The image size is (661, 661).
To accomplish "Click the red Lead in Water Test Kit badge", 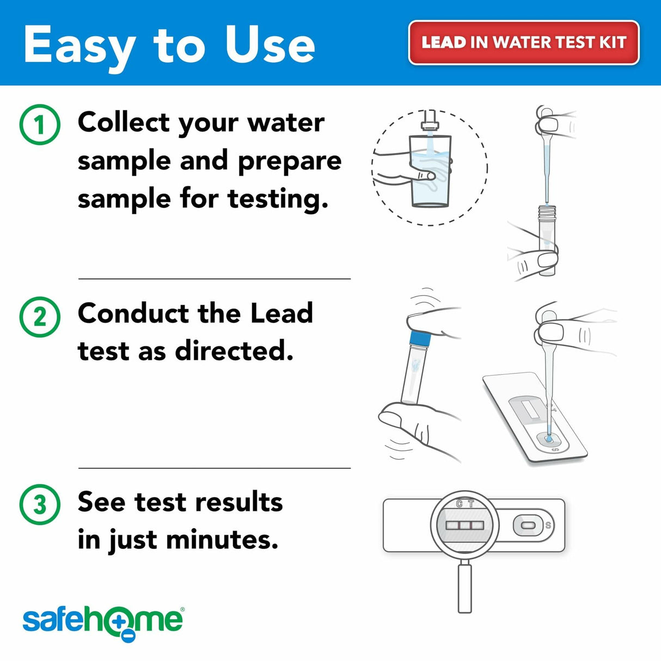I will tap(523, 42).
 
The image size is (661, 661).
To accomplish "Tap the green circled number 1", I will tap(40, 125).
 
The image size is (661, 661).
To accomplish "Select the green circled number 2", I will tap(40, 316).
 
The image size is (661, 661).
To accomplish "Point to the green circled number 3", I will tap(40, 505).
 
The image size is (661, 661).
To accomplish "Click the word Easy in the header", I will tap(79, 46).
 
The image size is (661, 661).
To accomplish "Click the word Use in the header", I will tap(270, 45).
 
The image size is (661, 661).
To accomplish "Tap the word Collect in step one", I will tap(124, 123).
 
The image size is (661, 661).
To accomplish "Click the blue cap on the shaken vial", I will tap(419, 340).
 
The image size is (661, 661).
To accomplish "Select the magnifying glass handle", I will tap(464, 588).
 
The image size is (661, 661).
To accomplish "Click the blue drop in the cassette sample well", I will tap(549, 438).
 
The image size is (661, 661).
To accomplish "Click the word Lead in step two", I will tap(281, 314).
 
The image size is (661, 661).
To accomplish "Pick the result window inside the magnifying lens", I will tap(464, 525).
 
